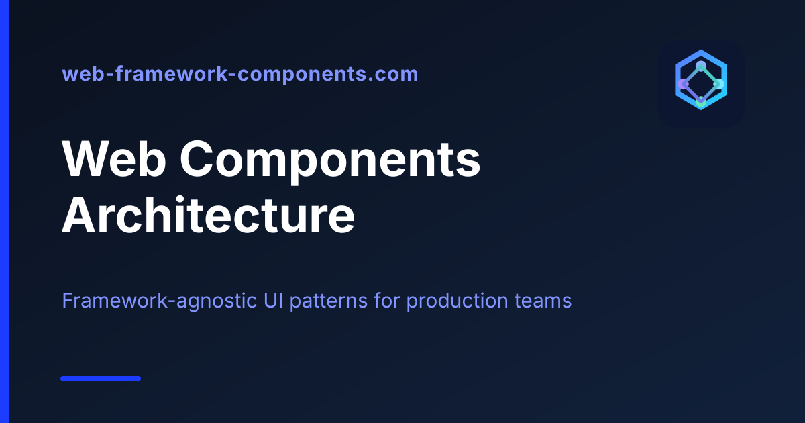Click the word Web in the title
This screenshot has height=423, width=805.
point(114,158)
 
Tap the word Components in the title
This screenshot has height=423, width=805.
point(330,162)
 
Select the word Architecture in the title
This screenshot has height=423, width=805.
point(209,215)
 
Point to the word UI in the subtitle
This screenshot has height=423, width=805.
point(273,300)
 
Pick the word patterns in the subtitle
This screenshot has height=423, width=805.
point(329,301)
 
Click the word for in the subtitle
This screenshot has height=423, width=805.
point(386,300)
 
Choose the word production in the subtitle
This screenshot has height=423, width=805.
point(457,301)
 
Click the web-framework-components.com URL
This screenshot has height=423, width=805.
point(240,74)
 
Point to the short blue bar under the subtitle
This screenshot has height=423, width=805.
point(101,379)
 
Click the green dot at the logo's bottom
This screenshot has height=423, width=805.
point(701,102)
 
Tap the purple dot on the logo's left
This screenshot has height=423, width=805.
point(683,84)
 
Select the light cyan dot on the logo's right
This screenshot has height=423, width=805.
point(718,84)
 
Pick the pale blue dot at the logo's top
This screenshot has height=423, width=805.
point(701,66)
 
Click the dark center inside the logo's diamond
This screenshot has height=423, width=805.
point(701,84)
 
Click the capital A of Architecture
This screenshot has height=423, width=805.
point(80,215)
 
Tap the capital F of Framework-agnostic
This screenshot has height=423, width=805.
point(68,301)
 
